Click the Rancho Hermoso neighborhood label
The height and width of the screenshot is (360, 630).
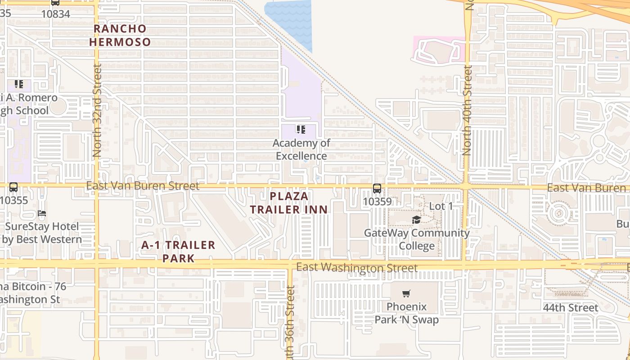point(120,35)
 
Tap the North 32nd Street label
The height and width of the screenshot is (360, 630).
point(97,111)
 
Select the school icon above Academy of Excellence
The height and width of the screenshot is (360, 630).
point(301,130)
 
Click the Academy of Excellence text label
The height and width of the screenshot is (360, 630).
point(301,149)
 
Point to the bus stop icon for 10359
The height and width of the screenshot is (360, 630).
point(377,189)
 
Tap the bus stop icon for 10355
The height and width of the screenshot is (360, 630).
point(13,187)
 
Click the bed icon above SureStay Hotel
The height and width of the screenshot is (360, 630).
point(42,213)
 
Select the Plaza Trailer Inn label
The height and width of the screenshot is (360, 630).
point(289,203)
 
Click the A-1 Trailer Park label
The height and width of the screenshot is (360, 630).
point(178,252)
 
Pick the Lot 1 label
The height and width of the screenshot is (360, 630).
point(441,206)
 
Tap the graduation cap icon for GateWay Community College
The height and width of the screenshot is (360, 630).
point(416,220)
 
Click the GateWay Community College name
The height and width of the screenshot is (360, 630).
point(417,239)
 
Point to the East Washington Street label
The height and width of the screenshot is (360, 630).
point(356,268)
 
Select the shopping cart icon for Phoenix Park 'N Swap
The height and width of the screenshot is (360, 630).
point(406,294)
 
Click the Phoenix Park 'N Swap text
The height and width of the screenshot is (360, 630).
point(406,313)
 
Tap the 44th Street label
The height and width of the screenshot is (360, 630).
point(570,308)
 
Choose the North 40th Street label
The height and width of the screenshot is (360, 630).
point(468,111)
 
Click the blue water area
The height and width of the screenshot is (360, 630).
point(290,20)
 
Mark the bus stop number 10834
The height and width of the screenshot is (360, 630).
point(55,14)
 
